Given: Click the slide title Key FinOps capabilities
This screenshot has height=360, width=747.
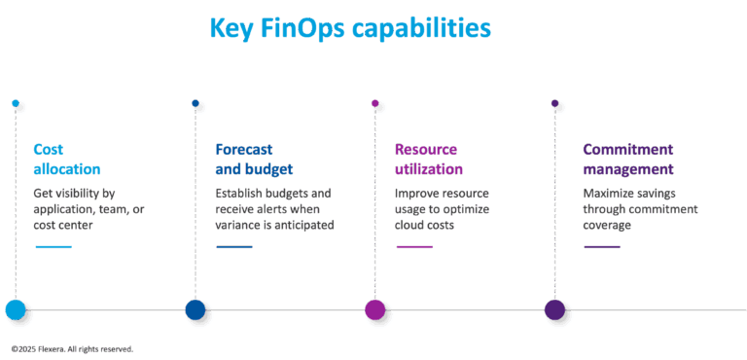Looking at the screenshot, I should coord(349,28).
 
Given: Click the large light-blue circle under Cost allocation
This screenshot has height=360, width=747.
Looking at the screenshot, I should coord(16,310).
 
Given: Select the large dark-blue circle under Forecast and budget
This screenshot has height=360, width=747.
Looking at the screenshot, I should coord(196,310).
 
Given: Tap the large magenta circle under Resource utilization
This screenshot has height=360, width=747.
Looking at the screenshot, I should coord(375,310).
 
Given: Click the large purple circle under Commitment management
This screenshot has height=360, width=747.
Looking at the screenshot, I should coord(555,310).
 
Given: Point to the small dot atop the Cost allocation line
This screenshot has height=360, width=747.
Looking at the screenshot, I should coord(17,104).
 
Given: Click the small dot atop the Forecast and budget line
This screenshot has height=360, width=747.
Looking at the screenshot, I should coord(197,104).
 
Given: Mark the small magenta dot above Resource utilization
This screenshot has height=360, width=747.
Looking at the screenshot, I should coord(376,104).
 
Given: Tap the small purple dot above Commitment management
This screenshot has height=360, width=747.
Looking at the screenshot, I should coord(556,104).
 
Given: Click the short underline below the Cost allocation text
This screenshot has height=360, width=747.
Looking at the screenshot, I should coord(53,247).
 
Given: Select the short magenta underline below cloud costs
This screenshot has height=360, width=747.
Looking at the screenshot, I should coord(413,247).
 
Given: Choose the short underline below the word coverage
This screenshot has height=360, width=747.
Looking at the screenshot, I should coord(601,247).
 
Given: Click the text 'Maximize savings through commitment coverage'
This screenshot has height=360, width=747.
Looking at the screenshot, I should coord(640,208).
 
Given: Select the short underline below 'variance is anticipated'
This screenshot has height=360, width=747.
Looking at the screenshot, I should coord(233,247).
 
